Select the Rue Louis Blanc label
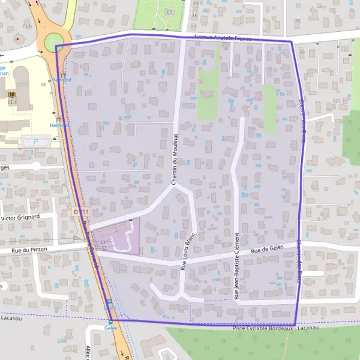point(187,254)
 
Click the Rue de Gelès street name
point(267,250)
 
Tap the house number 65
point(170,11)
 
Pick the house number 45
point(298,20)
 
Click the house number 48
point(302,52)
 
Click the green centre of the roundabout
point(53,42)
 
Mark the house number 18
point(193,26)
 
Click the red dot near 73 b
point(17,38)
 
